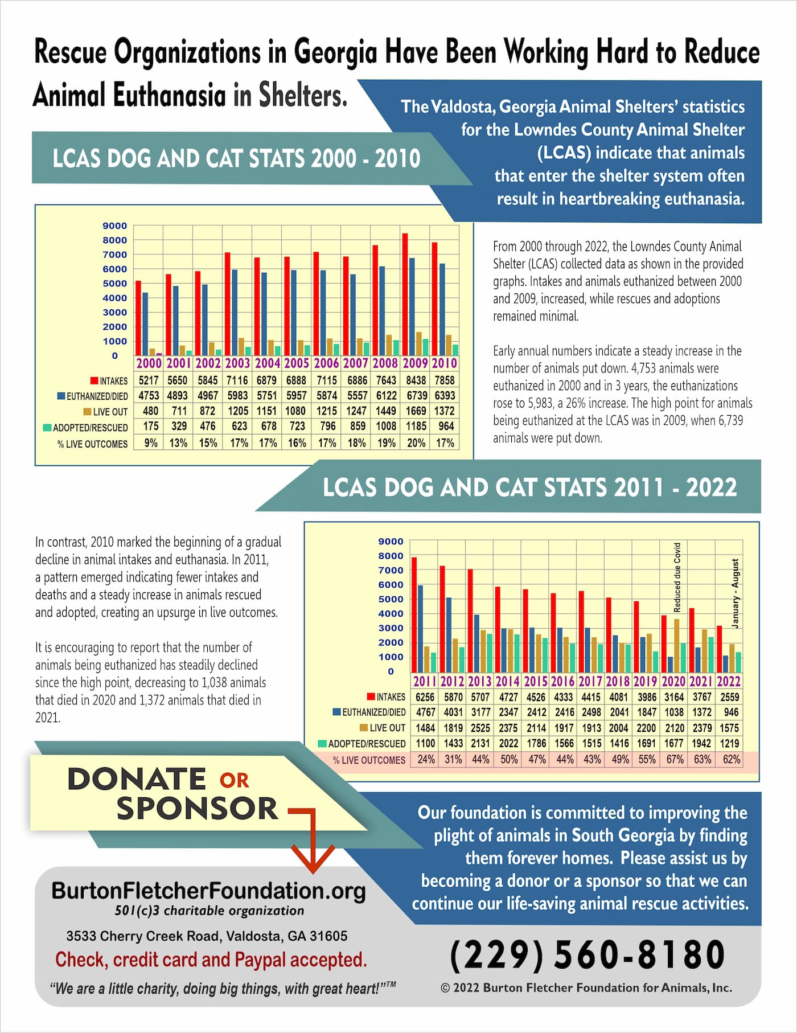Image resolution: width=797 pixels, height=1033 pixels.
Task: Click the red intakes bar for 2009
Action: (x=405, y=294)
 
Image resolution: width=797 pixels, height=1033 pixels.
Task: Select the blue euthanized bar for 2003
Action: (x=234, y=312)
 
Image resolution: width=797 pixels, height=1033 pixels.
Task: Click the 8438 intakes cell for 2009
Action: (x=416, y=380)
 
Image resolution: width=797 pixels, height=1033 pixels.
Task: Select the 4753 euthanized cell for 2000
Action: (x=149, y=395)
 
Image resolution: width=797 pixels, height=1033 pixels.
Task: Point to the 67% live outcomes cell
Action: (x=675, y=759)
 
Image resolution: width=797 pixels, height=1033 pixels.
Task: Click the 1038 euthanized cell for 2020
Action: (x=674, y=712)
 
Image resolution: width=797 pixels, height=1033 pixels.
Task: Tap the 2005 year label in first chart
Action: (x=297, y=363)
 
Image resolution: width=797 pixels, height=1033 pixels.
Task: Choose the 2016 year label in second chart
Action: (x=562, y=681)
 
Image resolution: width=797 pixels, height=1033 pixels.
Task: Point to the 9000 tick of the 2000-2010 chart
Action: (x=114, y=226)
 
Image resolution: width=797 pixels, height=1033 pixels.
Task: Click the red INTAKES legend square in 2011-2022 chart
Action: (x=371, y=696)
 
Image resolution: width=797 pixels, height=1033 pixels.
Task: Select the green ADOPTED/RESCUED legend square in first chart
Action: (x=47, y=427)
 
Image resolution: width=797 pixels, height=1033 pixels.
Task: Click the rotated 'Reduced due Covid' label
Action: (x=677, y=577)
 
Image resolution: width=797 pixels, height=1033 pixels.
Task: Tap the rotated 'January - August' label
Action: (x=735, y=593)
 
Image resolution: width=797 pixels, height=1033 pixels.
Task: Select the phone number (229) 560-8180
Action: (x=587, y=954)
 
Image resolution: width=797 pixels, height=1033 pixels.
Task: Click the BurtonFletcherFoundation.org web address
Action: (x=208, y=891)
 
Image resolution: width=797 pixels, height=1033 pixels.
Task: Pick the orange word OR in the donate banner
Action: (x=234, y=780)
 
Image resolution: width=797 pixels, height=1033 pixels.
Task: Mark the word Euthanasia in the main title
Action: (x=170, y=95)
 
